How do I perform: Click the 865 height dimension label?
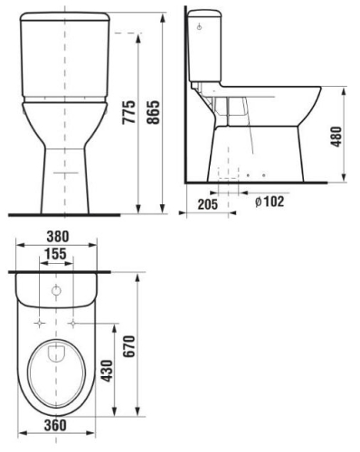click(154, 112)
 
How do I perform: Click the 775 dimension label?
click(128, 112)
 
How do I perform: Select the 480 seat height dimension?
click(336, 137)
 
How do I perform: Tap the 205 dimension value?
click(208, 204)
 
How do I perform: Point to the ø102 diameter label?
click(270, 202)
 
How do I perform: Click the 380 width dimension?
click(58, 237)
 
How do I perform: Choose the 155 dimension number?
click(55, 254)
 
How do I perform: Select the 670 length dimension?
click(130, 346)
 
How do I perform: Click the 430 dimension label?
click(107, 371)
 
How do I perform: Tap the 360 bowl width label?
click(55, 425)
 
